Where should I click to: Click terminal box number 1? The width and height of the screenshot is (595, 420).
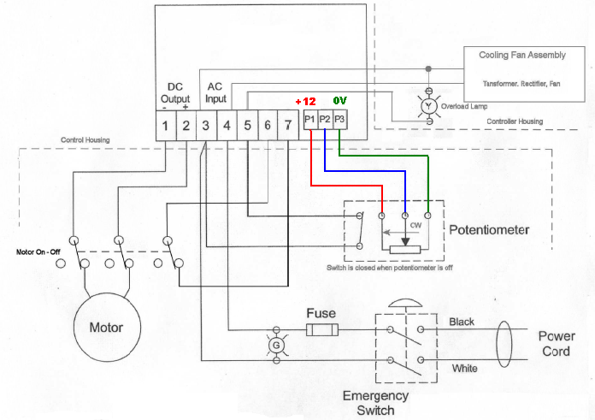coord(165,127)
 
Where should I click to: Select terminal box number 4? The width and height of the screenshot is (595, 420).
coord(227,127)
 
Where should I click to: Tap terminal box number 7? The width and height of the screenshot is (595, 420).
coord(288,127)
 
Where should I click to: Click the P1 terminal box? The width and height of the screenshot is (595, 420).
coord(309,118)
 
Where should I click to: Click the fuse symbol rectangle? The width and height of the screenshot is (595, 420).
coord(321,330)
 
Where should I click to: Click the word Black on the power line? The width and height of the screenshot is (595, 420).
coord(462,322)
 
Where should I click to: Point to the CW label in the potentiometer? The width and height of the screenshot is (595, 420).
coord(415,226)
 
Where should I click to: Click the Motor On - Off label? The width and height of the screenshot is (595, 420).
coord(37,252)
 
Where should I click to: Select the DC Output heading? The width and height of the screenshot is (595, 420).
coord(174,92)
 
